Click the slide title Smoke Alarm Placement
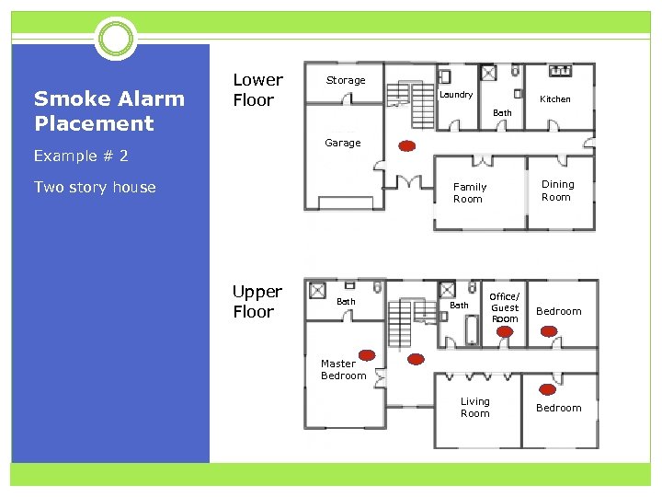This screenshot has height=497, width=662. [x=108, y=110]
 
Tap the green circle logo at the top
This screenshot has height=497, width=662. [x=116, y=39]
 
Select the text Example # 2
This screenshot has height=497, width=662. [x=81, y=156]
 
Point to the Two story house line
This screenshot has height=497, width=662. [x=95, y=187]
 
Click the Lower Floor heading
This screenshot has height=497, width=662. [x=257, y=90]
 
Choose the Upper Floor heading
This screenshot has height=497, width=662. [x=257, y=301]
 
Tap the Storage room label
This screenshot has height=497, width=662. [x=346, y=80]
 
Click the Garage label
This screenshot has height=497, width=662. [x=343, y=143]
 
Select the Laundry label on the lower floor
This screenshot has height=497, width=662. [x=456, y=95]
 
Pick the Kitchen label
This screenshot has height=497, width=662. [x=554, y=98]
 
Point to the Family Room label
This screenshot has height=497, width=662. [x=469, y=192]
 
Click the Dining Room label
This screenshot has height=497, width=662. [x=556, y=191]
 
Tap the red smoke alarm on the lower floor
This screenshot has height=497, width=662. [x=406, y=146]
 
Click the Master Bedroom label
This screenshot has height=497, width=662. [x=343, y=369]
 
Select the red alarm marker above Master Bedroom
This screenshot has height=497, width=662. [x=367, y=354]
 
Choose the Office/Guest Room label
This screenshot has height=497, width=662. [x=505, y=307]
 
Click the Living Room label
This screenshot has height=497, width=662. [x=475, y=407]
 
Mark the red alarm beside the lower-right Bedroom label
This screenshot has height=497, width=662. [x=549, y=388]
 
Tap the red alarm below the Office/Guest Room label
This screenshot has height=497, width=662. [x=504, y=344]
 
